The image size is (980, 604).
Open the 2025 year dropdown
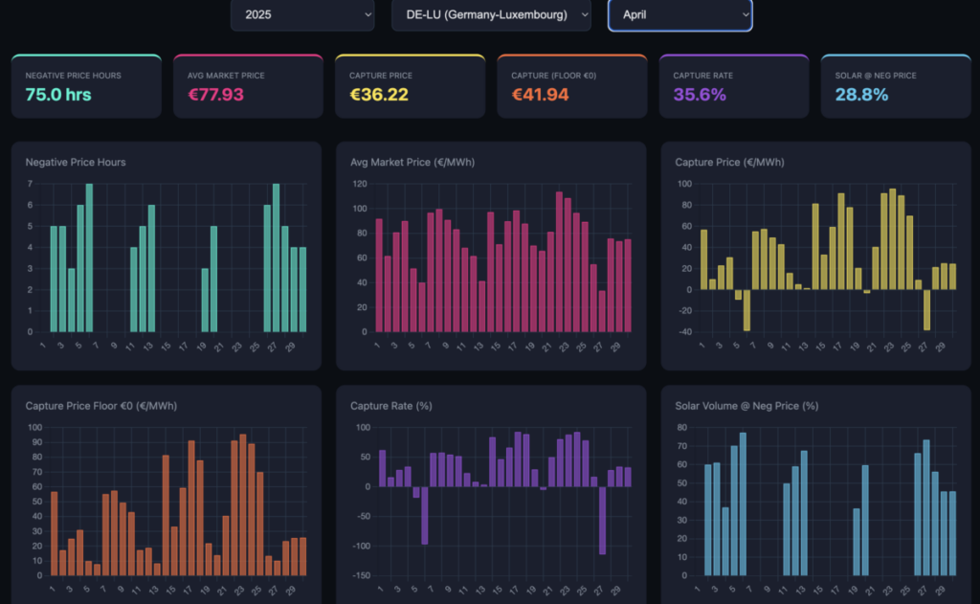(x=302, y=14)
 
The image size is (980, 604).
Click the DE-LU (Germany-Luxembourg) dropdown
(x=491, y=14)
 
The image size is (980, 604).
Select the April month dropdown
(x=679, y=14)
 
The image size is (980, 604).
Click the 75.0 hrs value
(x=58, y=94)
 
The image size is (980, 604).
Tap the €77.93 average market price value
(x=215, y=94)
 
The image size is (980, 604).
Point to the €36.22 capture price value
(x=379, y=94)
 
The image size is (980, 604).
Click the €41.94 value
(x=542, y=94)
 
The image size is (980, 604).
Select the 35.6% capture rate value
(x=700, y=94)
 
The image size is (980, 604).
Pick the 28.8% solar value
(x=861, y=94)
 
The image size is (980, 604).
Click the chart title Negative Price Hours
(x=76, y=162)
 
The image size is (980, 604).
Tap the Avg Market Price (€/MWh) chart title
(x=412, y=162)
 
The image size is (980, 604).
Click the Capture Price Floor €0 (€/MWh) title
(x=101, y=406)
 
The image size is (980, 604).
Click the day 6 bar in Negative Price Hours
(x=89, y=257)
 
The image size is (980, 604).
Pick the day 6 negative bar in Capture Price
(x=746, y=309)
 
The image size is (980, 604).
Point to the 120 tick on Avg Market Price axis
(x=360, y=183)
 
